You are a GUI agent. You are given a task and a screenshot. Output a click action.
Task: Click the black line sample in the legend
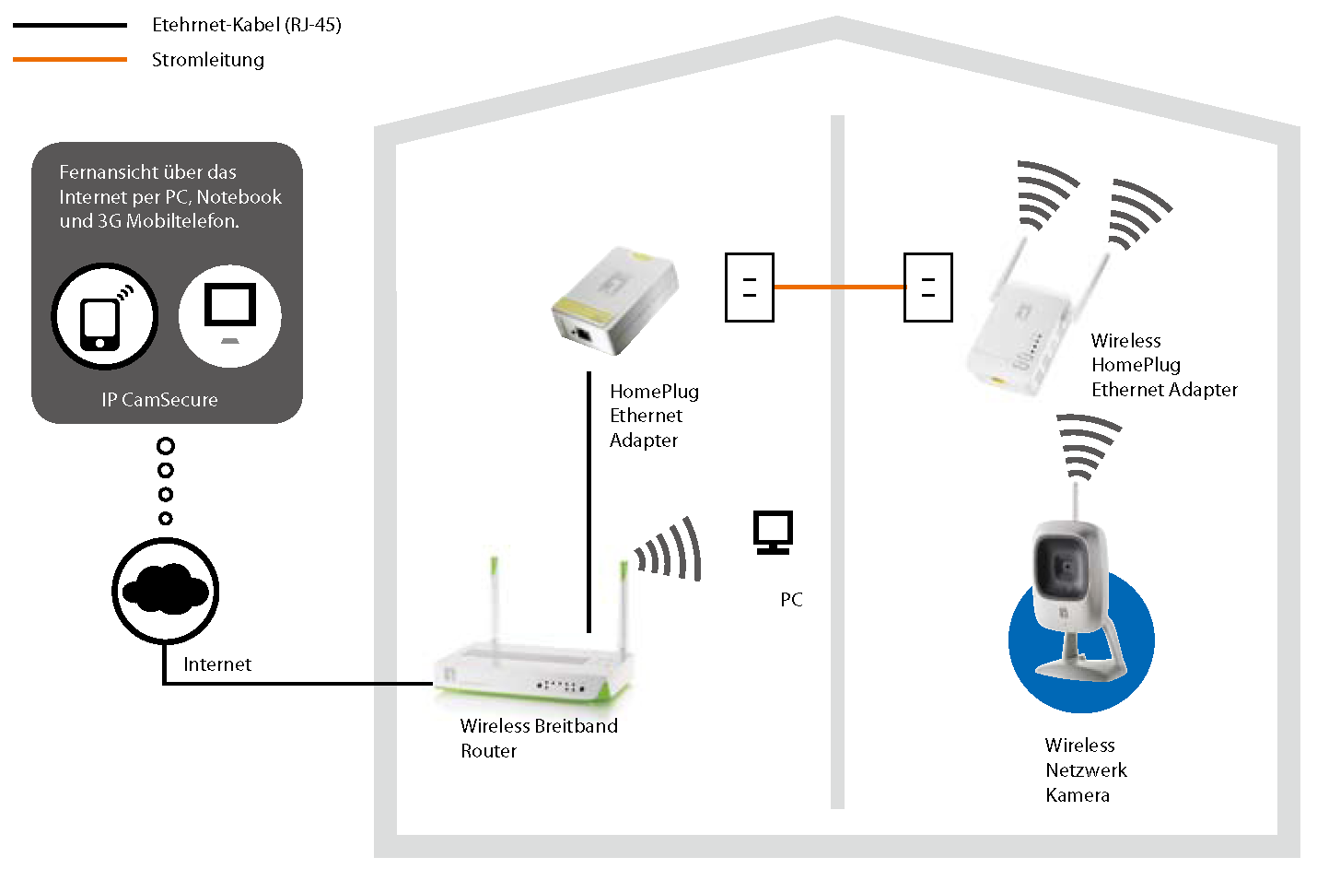click(x=70, y=26)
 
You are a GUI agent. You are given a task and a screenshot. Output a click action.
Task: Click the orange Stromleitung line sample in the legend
click(x=70, y=60)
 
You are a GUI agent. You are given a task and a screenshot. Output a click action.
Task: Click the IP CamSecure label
click(x=159, y=400)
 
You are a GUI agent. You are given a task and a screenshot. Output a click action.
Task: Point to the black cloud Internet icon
click(x=165, y=590)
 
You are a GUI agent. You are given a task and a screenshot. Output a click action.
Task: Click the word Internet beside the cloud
click(x=216, y=664)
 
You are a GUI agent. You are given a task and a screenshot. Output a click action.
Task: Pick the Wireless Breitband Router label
click(x=538, y=738)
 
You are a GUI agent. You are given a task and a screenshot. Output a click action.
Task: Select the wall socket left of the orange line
click(x=749, y=288)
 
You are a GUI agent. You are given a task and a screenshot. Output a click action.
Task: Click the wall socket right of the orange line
click(x=927, y=288)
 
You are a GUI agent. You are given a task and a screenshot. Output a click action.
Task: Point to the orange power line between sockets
click(x=838, y=288)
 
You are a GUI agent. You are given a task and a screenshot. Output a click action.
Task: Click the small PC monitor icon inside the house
click(x=773, y=533)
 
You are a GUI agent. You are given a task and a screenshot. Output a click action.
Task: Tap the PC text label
click(x=791, y=600)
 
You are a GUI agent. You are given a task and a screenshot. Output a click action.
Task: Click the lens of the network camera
click(x=1063, y=564)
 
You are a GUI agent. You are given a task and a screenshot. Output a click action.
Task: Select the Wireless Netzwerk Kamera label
click(x=1085, y=770)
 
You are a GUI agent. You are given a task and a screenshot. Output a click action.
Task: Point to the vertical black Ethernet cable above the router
click(x=589, y=502)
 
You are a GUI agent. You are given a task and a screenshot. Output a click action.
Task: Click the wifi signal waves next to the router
click(x=670, y=551)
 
